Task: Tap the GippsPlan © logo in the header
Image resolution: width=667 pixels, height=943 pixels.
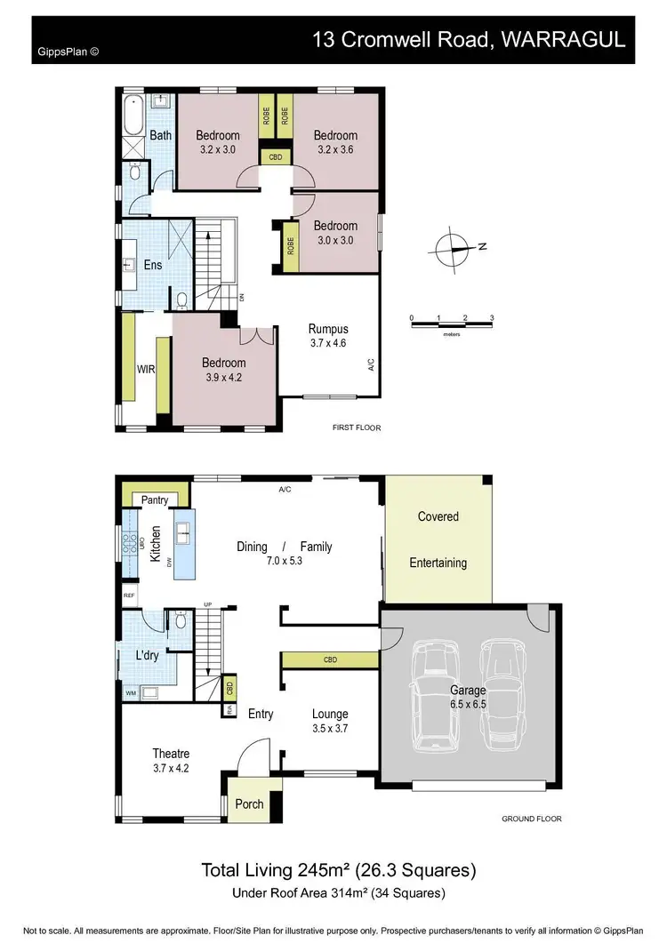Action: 68,51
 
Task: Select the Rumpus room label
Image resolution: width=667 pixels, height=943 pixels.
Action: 328,329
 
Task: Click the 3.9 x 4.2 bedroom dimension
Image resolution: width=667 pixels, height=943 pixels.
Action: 223,377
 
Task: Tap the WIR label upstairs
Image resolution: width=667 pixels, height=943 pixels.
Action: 146,368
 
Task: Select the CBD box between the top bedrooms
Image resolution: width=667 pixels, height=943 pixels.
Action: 275,157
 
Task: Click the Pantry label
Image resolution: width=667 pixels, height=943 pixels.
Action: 155,500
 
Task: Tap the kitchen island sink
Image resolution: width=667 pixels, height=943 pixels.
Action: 185,533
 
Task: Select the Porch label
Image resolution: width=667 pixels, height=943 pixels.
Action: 250,803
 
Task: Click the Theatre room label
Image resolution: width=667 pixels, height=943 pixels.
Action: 171,754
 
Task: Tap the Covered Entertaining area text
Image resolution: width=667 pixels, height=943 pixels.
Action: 438,539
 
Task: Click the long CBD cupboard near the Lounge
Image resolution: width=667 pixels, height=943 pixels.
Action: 330,659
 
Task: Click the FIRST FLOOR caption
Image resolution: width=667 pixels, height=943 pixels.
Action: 356,428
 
